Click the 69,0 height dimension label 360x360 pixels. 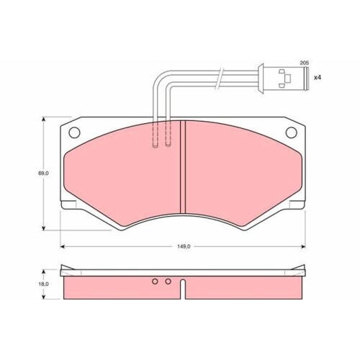pyautogui.click(x=43, y=174)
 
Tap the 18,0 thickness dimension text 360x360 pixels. pyautogui.click(x=43, y=284)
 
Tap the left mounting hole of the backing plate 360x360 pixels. pyautogui.click(x=73, y=133)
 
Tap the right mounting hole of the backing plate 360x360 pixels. pyautogui.click(x=290, y=133)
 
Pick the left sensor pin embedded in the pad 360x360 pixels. pyautogui.click(x=156, y=134)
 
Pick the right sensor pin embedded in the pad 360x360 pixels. pyautogui.click(x=168, y=134)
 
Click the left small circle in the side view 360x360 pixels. pyautogui.click(x=155, y=282)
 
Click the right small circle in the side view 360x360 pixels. pyautogui.click(x=168, y=282)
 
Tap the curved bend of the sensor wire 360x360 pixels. pyautogui.click(x=159, y=78)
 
